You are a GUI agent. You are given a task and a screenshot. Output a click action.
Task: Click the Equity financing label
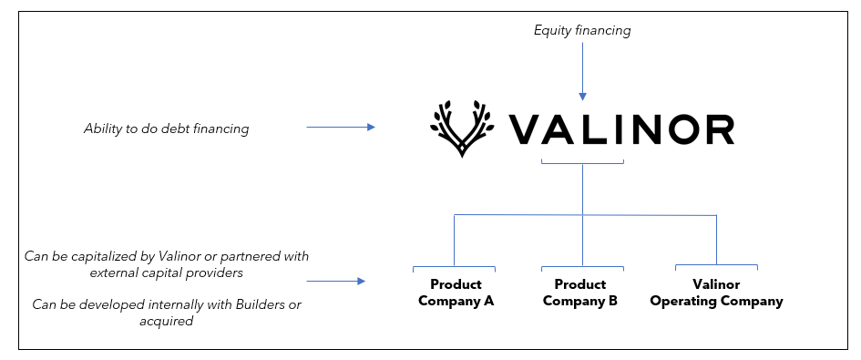[x=582, y=31]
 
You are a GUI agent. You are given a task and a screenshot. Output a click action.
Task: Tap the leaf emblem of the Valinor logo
[x=461, y=129]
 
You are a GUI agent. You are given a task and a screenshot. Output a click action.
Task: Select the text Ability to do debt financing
[x=166, y=129]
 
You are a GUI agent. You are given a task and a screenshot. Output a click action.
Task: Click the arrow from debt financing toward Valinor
[x=340, y=128]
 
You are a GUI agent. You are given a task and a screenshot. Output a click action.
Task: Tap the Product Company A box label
[x=456, y=293]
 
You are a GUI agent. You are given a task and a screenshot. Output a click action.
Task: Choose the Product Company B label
[x=580, y=293]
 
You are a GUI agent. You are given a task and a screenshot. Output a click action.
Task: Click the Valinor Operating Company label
[x=716, y=293]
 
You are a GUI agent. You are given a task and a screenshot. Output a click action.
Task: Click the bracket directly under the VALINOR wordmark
[x=582, y=162]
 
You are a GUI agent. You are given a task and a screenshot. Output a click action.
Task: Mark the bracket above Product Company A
[x=454, y=268]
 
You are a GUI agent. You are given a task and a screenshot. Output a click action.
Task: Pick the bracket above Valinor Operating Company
[x=716, y=266]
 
